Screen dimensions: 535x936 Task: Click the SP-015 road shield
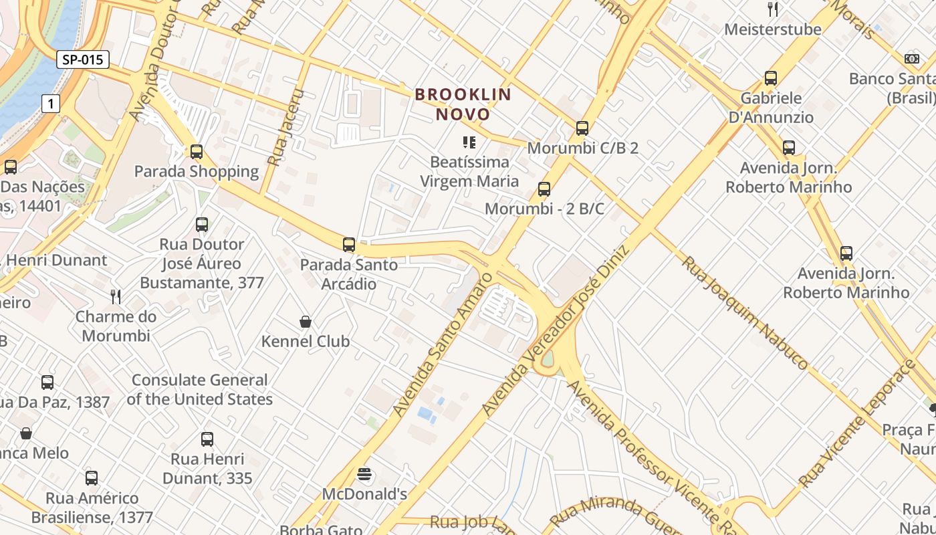coord(82,60)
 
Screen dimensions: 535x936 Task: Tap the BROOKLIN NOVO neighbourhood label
coord(463,104)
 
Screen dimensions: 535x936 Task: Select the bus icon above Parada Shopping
coord(196,152)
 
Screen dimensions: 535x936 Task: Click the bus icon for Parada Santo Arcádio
coord(348,245)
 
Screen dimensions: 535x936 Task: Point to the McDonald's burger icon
coord(364,475)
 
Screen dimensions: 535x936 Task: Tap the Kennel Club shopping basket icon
coord(306,322)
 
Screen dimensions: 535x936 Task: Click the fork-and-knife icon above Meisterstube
coord(773,9)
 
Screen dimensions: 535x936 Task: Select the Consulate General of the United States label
coord(199,389)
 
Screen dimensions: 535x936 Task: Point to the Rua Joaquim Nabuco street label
coord(745,312)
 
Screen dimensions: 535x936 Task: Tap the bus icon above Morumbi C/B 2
coord(582,128)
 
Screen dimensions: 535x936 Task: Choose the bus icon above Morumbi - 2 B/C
coord(544,189)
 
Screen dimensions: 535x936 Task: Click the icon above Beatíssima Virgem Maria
coord(469,142)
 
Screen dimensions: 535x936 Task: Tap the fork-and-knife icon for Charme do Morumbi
coord(116,296)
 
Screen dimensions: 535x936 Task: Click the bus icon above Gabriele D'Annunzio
coord(771,78)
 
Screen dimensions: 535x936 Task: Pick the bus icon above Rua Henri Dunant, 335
coord(207,439)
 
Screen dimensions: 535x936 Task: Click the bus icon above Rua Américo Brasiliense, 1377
coord(92,478)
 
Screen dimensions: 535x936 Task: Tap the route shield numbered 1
coord(50,104)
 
